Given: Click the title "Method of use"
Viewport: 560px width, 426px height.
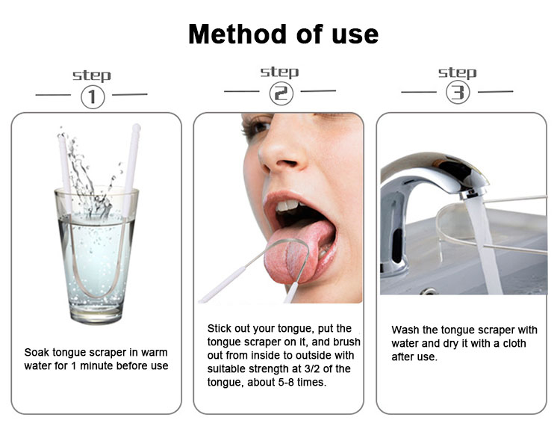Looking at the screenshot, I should pyautogui.click(x=283, y=34).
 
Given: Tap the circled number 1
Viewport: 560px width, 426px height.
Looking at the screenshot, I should pyautogui.click(x=93, y=97).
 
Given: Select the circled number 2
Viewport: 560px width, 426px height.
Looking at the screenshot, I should pyautogui.click(x=282, y=93).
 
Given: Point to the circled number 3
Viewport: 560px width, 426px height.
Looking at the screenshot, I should pyautogui.click(x=457, y=93).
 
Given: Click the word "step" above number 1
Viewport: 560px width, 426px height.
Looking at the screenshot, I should pyautogui.click(x=92, y=75).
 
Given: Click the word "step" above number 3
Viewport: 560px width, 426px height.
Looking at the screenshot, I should pyautogui.click(x=457, y=72).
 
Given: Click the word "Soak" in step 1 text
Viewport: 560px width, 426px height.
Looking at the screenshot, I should pyautogui.click(x=37, y=352).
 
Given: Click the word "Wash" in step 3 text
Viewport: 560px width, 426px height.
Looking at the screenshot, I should pyautogui.click(x=405, y=330).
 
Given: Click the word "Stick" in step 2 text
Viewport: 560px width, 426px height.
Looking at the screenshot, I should pyautogui.click(x=222, y=328).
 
